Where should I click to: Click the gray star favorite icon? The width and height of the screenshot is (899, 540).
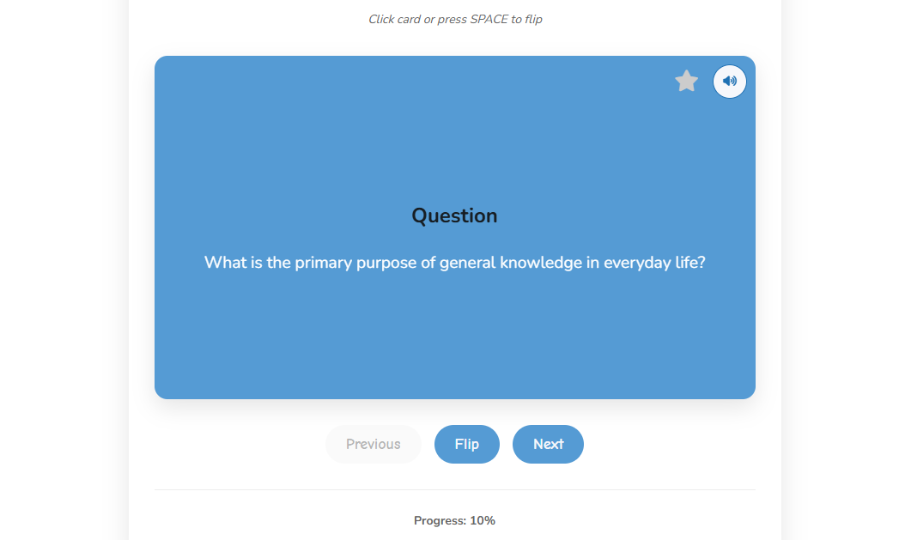(x=687, y=82)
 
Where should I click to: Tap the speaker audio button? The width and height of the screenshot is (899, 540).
(x=730, y=82)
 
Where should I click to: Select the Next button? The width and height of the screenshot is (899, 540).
(x=548, y=444)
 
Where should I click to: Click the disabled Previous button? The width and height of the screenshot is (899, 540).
(x=374, y=444)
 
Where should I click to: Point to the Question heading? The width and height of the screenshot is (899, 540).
(x=454, y=215)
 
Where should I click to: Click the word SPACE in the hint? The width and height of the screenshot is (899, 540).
(x=489, y=19)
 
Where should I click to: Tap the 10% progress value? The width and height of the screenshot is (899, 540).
(x=483, y=520)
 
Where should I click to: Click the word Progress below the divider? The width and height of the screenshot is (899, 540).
(x=440, y=520)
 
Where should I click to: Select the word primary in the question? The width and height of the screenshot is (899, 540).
(x=323, y=263)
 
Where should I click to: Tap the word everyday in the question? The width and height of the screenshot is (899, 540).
(x=636, y=263)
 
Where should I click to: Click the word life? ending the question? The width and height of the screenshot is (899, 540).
(x=689, y=263)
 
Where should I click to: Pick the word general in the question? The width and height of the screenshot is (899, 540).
(x=465, y=263)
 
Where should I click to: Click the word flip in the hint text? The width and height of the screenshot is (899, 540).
(x=533, y=19)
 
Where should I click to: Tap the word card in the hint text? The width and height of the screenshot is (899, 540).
(x=410, y=19)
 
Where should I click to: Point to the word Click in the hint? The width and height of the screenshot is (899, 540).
(x=381, y=19)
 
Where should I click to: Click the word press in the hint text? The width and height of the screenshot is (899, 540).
(x=452, y=19)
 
